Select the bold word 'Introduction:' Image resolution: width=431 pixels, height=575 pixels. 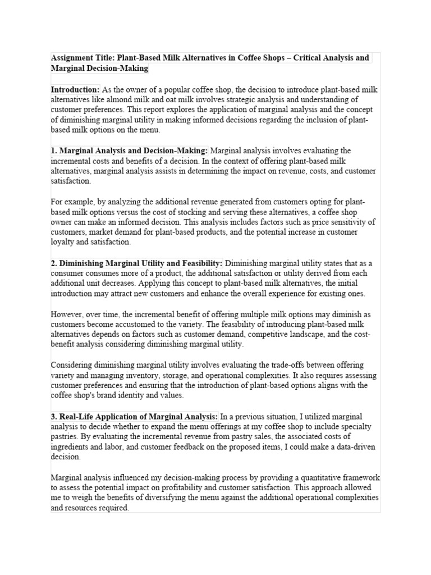75,90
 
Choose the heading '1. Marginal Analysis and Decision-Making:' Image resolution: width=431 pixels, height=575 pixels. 130,150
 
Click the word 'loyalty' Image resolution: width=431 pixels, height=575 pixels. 64,242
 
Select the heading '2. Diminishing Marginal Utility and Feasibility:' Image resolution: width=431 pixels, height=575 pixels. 137,263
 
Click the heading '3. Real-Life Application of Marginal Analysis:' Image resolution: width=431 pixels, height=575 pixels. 135,416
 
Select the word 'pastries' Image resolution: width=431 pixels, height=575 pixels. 66,436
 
